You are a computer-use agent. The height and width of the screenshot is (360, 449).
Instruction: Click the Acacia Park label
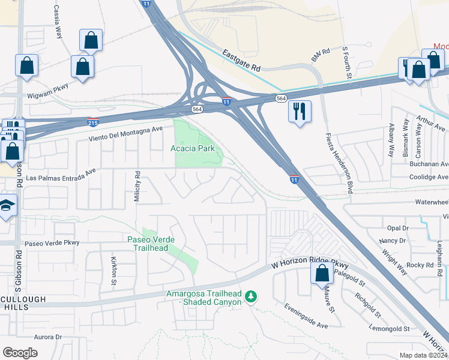[x=193, y=148]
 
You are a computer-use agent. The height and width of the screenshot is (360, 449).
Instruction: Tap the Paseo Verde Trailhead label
[x=151, y=243]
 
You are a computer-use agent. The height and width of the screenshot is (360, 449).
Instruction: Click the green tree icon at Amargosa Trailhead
[x=252, y=296]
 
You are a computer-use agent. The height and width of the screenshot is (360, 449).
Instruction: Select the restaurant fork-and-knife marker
[x=299, y=112]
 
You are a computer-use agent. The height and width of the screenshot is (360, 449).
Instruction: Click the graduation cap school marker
[x=7, y=207]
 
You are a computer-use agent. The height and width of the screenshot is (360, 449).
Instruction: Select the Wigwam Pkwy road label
[x=46, y=95]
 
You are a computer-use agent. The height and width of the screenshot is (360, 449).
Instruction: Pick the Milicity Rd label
[x=137, y=187]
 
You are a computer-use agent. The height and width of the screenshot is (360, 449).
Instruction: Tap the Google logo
[x=20, y=353]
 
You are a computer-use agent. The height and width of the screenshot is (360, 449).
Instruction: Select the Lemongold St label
[x=390, y=329]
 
